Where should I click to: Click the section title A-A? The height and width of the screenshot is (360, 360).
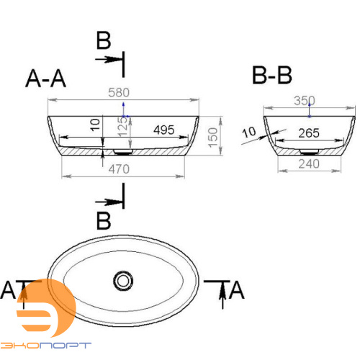(x=46, y=78)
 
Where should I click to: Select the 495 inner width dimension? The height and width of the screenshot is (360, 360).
(x=165, y=130)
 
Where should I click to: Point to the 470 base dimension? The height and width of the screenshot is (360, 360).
(x=120, y=170)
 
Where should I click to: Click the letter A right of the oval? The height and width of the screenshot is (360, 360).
(x=237, y=290)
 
